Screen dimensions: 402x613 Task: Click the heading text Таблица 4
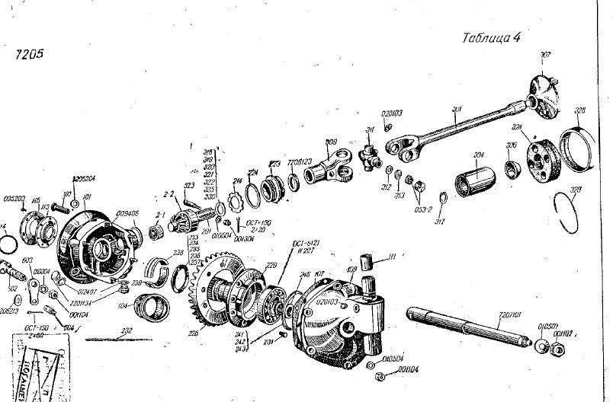click(x=491, y=40)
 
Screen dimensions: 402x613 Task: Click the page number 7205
click(x=30, y=54)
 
